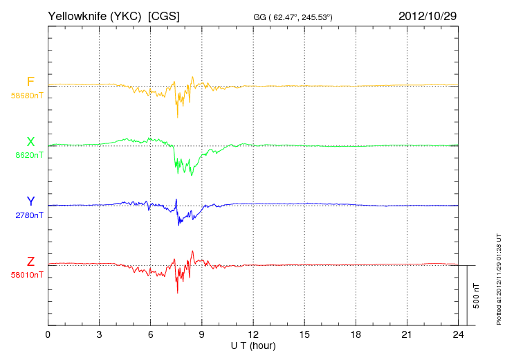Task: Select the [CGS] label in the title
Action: coord(164,15)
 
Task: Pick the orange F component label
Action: coord(30,82)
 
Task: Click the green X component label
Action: coord(30,142)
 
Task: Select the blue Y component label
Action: coord(30,201)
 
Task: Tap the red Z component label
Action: coord(30,262)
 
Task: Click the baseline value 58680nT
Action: coord(26,96)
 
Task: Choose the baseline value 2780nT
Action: coord(28,215)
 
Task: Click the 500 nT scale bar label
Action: coord(477,296)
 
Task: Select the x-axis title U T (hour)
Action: coord(253,345)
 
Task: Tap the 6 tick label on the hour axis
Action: coord(150,335)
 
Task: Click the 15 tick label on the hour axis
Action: coord(304,335)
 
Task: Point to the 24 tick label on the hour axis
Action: coord(458,335)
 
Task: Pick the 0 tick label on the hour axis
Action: coord(48,335)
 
